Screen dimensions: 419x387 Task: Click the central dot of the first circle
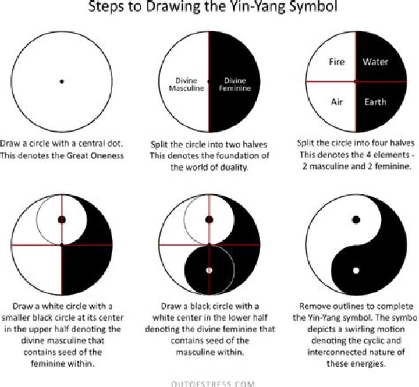click(62, 81)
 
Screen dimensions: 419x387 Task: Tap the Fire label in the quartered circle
click(337, 62)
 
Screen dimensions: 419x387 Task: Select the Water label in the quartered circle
click(375, 62)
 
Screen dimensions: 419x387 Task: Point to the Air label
click(337, 102)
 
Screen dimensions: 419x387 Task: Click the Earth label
click(375, 102)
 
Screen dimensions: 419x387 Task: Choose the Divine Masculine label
click(186, 84)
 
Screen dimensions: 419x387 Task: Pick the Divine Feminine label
click(235, 84)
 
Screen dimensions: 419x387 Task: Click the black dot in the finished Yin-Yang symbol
click(356, 220)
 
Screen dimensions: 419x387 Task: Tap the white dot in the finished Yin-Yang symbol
click(356, 271)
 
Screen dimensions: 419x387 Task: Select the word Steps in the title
click(106, 6)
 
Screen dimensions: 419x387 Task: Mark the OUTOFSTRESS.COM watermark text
click(213, 384)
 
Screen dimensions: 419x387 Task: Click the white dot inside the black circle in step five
click(210, 270)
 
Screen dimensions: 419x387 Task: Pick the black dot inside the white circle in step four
click(62, 220)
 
